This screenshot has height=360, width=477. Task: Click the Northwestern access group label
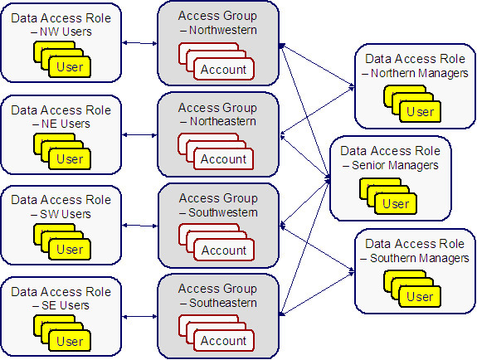[x=223, y=30]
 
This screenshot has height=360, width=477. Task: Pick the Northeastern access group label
[x=223, y=121]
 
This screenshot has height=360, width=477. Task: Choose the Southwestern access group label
[x=223, y=212]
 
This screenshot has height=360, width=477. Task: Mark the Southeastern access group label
[x=223, y=303]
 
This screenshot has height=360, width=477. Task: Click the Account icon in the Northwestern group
[x=223, y=69]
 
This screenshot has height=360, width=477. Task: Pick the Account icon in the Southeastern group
[x=223, y=341]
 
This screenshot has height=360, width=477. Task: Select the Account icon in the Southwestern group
[x=223, y=250]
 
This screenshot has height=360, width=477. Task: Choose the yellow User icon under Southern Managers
[x=420, y=296]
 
